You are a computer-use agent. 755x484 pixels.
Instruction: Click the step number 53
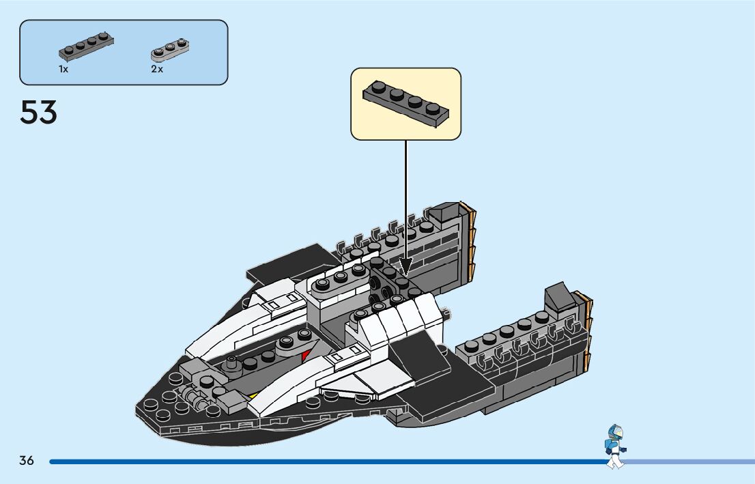38,112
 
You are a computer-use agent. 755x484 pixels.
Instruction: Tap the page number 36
27,460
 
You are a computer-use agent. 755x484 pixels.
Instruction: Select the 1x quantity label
63,70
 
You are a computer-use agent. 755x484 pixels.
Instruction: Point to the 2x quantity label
157,70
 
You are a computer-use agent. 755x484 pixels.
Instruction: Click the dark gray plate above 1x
86,47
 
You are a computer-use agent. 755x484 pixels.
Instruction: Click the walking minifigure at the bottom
615,447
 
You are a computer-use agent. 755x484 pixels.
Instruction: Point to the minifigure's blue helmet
616,432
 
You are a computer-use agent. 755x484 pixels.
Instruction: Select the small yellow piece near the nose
253,395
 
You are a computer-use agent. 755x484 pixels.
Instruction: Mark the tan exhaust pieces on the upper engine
471,239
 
